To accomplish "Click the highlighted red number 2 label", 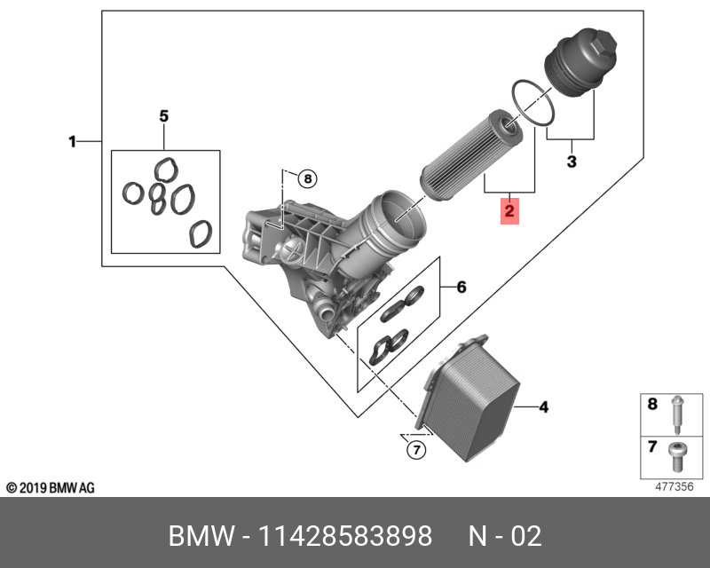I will (x=509, y=212).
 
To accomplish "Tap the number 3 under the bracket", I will (x=572, y=162).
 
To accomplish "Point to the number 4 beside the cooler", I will (x=544, y=407).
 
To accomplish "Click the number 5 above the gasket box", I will (x=163, y=116).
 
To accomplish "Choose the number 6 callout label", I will (x=461, y=288).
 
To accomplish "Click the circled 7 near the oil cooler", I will (x=415, y=451).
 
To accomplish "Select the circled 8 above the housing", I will (x=306, y=179).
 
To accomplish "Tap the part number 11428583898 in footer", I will (x=345, y=536).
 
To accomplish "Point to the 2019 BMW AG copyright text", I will (x=51, y=488).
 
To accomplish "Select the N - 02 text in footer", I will (x=504, y=536).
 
